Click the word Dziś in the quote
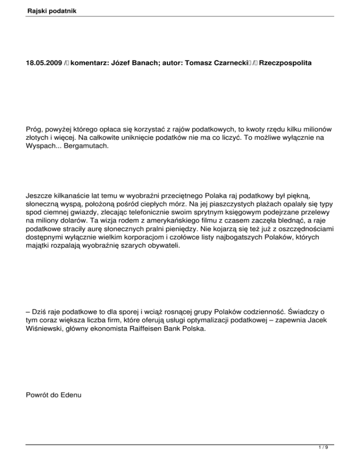coord(39,310)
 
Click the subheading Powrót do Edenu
coord(53,394)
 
